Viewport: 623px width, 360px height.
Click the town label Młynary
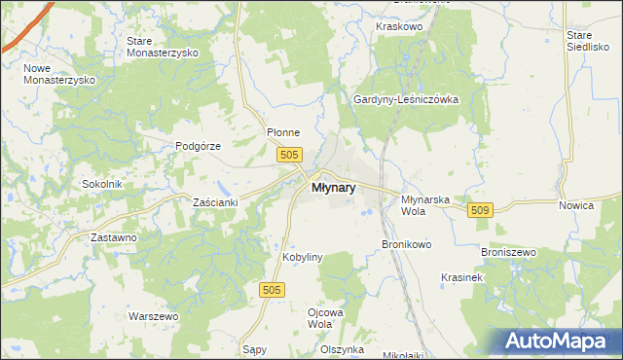333,189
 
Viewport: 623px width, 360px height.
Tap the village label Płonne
283,133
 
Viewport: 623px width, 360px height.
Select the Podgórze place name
199,146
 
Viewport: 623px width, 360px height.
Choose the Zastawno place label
113,237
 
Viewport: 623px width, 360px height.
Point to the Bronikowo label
406,244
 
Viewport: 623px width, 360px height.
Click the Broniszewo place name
509,252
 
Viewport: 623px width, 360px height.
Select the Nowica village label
576,205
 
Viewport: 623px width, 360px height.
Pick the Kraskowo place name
398,27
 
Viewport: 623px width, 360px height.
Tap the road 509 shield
481,210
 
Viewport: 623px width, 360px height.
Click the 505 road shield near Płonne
289,155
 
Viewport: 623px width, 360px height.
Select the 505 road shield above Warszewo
274,290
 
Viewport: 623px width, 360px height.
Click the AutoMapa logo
556,342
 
